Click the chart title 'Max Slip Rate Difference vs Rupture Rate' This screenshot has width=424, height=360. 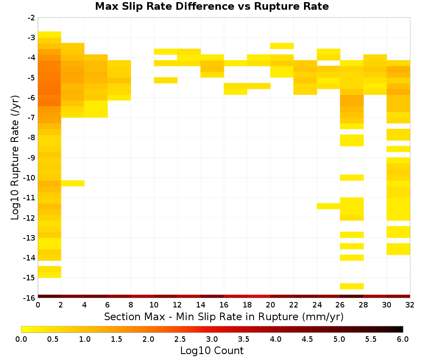point(212,6)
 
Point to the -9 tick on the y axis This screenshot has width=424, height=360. point(31,158)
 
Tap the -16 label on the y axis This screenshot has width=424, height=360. point(29,298)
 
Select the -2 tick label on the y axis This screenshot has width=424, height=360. point(31,18)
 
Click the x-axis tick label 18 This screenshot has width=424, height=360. point(247,305)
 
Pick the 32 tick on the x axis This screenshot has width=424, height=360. point(410,305)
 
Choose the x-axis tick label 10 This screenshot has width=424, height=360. point(154,305)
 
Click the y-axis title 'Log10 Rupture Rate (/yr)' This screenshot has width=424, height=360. point(15,158)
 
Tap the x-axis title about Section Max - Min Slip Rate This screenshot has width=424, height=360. point(224,317)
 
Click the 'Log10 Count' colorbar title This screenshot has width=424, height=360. point(212,351)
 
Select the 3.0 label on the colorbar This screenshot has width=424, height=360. point(212,339)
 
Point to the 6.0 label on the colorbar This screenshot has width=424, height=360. point(403,339)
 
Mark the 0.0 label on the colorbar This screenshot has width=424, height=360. point(21,339)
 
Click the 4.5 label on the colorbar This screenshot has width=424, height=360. point(307,339)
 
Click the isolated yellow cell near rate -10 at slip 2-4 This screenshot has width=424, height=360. point(73,183)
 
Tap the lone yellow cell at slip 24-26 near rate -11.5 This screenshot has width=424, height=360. point(329,206)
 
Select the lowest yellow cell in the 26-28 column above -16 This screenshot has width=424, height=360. point(352,286)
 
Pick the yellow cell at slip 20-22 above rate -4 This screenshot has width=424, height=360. point(282,46)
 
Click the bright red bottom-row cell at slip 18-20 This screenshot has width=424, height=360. point(259,296)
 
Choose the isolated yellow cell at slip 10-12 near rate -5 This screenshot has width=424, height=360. point(166,80)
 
